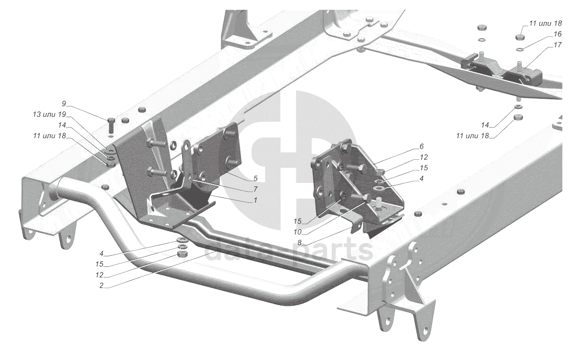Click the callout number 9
(x=64, y=104)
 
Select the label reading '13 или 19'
(x=49, y=114)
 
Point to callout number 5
(x=256, y=178)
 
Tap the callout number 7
(x=256, y=189)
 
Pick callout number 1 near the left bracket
(x=256, y=200)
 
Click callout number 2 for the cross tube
(x=101, y=286)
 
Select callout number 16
(x=557, y=34)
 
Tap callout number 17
(x=557, y=44)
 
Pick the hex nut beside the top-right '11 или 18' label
(x=519, y=37)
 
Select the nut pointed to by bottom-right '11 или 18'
(x=519, y=117)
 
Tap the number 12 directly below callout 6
(x=424, y=157)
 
